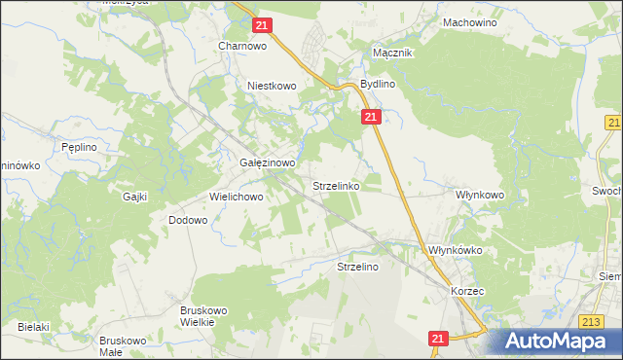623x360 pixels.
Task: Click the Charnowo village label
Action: [x=242, y=45]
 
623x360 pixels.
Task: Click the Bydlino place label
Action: [x=378, y=85]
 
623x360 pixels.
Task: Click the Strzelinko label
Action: [x=337, y=184]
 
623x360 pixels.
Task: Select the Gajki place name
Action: [x=134, y=197]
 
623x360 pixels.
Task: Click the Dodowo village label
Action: [x=189, y=220]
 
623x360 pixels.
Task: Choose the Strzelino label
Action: [x=357, y=266]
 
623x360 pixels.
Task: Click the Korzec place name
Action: [x=467, y=291]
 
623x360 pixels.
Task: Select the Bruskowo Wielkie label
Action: [x=203, y=316]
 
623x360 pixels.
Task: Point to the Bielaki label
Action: [x=33, y=327]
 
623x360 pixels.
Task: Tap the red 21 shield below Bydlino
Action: [x=371, y=117]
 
